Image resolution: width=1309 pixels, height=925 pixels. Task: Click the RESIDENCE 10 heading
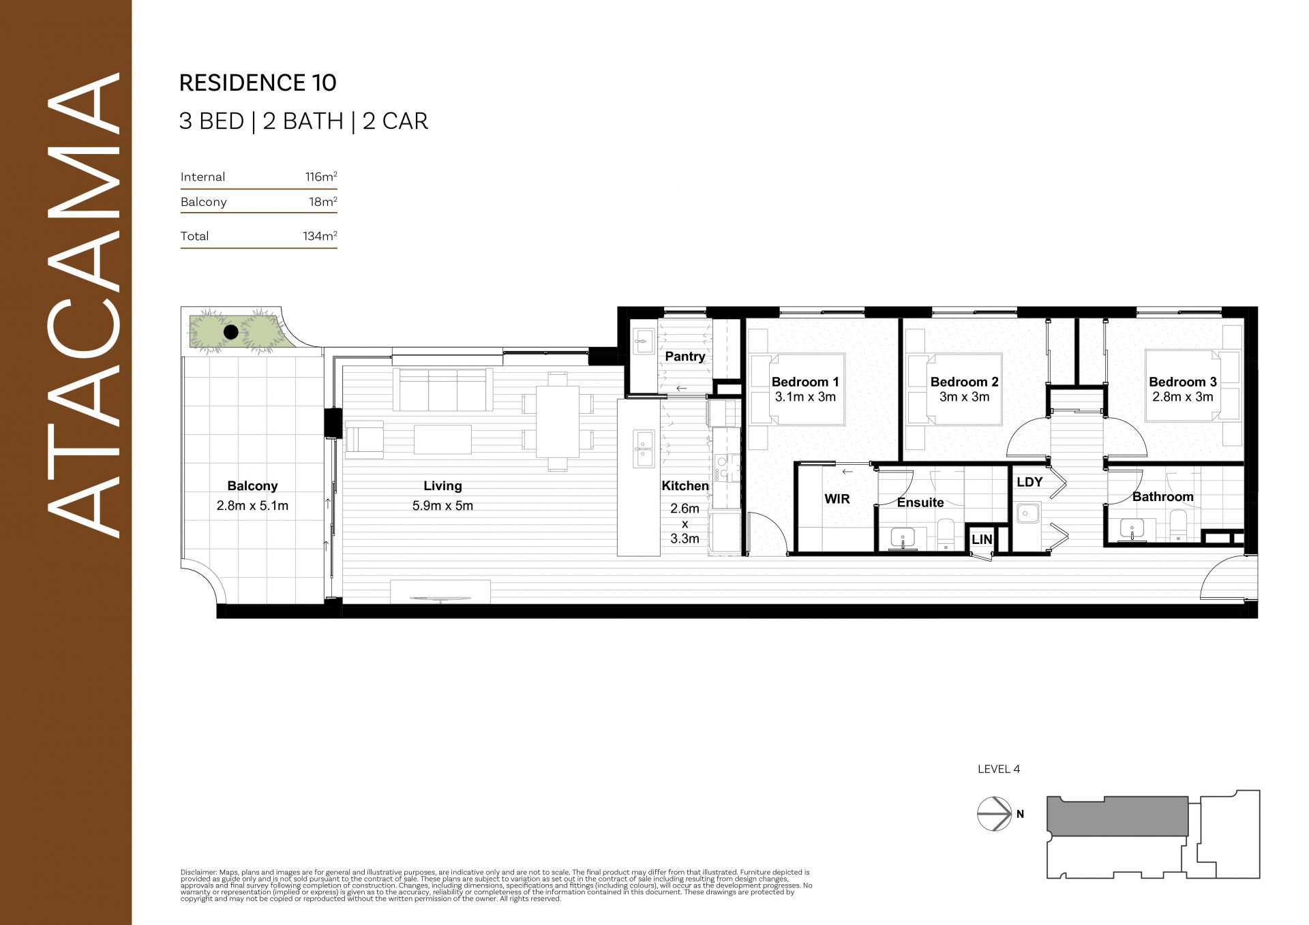(x=258, y=82)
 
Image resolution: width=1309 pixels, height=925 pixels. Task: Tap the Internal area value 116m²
(x=321, y=177)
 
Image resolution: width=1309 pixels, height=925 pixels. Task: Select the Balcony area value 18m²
(x=323, y=202)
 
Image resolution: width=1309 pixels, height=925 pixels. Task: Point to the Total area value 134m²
(x=320, y=236)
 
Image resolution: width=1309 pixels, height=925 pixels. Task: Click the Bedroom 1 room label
(x=805, y=382)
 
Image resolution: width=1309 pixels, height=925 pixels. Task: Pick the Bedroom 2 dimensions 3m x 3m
(x=964, y=397)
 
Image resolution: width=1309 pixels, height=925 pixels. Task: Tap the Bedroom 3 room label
(x=1183, y=382)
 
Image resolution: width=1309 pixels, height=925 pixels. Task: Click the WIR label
(x=837, y=499)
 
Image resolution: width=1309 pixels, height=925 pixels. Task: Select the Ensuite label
(x=920, y=502)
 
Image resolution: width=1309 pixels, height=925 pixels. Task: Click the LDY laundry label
(x=1029, y=482)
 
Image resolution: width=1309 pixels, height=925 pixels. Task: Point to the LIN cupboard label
(x=982, y=539)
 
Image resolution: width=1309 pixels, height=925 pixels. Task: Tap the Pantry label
(x=685, y=357)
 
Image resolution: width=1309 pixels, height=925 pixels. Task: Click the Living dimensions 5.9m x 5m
(x=442, y=506)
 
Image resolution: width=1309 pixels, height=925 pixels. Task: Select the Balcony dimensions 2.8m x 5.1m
(x=252, y=506)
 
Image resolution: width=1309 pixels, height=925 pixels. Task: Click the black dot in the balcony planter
(x=231, y=332)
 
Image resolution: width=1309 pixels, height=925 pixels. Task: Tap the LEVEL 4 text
(x=999, y=769)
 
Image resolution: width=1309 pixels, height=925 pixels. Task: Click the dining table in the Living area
(x=558, y=422)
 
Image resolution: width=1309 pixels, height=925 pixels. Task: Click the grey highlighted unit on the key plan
(x=1118, y=816)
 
